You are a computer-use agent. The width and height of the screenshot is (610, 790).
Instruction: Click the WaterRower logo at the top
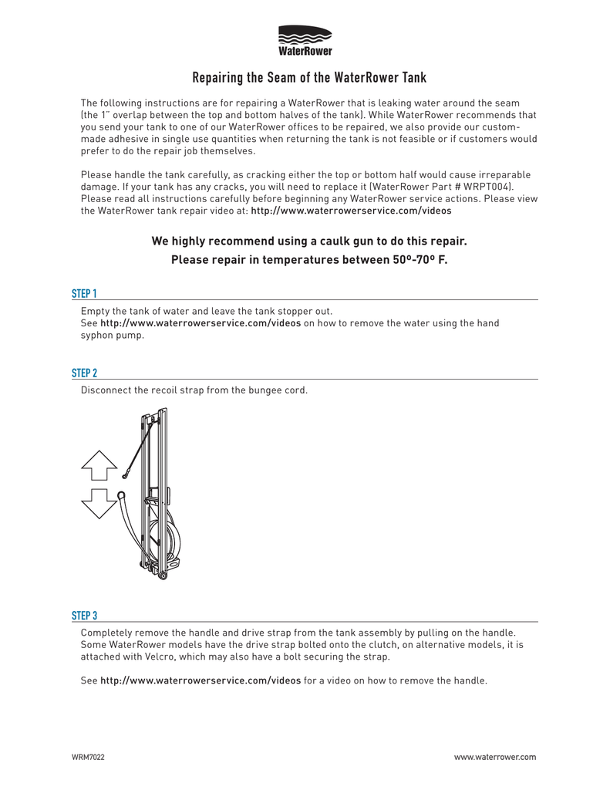pyautogui.click(x=305, y=40)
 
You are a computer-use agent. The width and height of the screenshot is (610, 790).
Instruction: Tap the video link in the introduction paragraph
pyautogui.click(x=351, y=210)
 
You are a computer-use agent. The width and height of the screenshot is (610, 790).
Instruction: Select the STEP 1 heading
pyautogui.click(x=84, y=294)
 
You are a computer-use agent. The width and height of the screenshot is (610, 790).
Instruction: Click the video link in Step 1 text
pyautogui.click(x=201, y=323)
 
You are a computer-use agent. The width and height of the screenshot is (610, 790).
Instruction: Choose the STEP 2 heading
pyautogui.click(x=84, y=373)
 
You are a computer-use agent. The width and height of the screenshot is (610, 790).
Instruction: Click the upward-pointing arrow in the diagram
pyautogui.click(x=98, y=465)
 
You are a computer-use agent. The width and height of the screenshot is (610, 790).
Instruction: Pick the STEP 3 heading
pyautogui.click(x=84, y=616)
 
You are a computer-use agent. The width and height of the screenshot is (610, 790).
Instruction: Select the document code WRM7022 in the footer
pyautogui.click(x=88, y=758)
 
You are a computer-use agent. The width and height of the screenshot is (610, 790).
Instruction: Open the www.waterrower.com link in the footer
pyautogui.click(x=494, y=758)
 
